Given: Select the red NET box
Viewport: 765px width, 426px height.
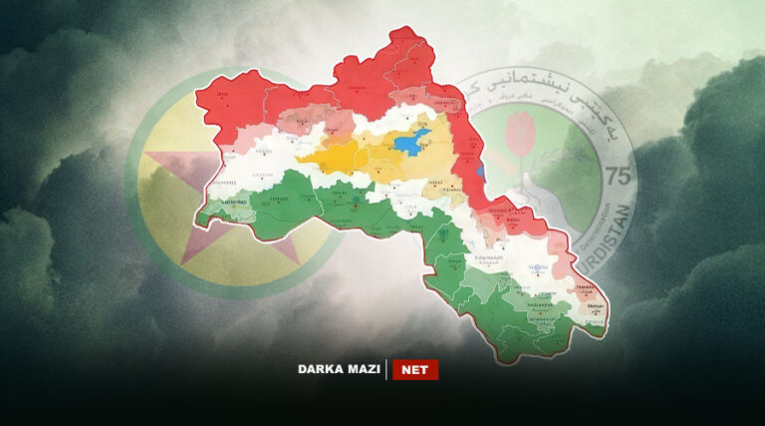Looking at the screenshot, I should [414, 369].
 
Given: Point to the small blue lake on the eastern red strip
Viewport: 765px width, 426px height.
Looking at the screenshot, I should [480, 171].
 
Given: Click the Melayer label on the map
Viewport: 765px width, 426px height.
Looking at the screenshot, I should [595, 305].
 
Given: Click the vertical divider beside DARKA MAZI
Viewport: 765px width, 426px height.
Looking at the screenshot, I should [386, 369].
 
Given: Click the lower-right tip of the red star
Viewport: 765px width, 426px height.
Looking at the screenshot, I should [295, 261].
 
